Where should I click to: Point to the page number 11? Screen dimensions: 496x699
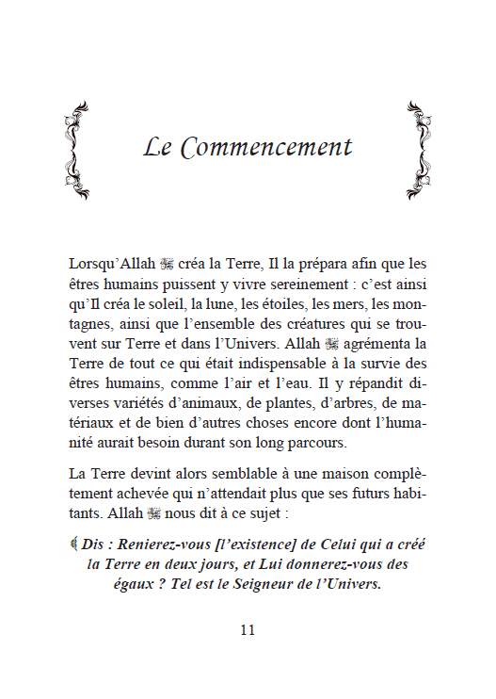(248, 630)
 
